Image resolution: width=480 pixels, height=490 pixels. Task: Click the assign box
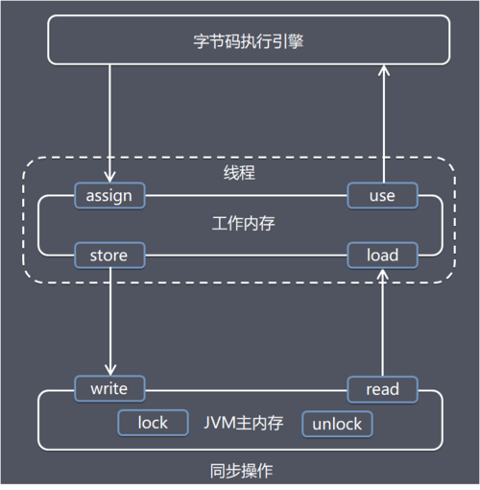109,196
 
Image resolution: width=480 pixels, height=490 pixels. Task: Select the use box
383,196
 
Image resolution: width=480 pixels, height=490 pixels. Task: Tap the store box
109,256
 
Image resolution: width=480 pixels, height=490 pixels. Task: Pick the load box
383,256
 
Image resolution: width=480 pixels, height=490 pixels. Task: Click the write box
109,389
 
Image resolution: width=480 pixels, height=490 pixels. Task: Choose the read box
383,389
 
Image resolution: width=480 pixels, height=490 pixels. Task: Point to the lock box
152,423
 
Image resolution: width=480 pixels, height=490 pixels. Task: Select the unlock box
337,423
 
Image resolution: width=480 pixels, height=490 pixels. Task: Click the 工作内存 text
240,224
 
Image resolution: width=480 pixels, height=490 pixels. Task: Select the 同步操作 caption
239,470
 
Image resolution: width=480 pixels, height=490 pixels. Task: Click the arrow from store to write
110,322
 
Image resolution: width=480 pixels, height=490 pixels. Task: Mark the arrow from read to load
383,322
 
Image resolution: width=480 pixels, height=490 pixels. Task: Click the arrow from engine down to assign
110,125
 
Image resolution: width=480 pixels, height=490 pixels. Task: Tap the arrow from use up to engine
383,125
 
